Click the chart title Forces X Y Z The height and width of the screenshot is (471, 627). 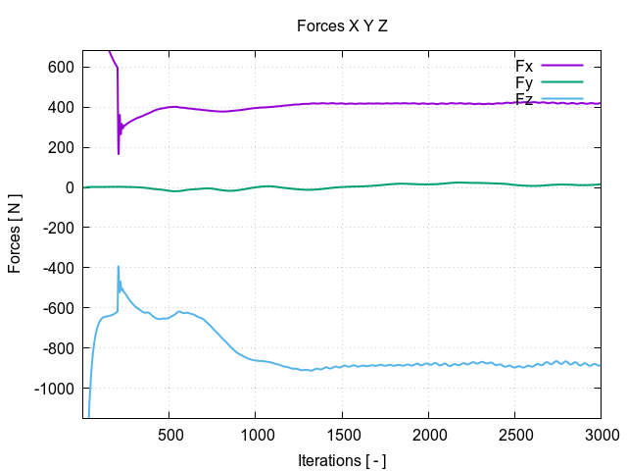342,26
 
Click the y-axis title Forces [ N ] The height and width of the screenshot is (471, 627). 15,235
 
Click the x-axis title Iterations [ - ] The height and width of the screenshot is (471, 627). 342,459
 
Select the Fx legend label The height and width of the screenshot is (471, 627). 524,66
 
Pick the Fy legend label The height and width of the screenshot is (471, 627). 524,82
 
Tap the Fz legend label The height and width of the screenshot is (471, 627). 524,99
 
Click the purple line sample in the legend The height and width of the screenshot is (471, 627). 561,66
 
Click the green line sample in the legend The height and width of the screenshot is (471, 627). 561,82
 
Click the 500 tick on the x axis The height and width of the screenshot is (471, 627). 169,435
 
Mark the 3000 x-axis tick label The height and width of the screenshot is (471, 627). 600,435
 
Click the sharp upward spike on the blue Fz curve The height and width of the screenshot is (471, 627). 119,267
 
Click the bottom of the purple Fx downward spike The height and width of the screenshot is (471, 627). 119,153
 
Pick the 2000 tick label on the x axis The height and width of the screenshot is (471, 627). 428,435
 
